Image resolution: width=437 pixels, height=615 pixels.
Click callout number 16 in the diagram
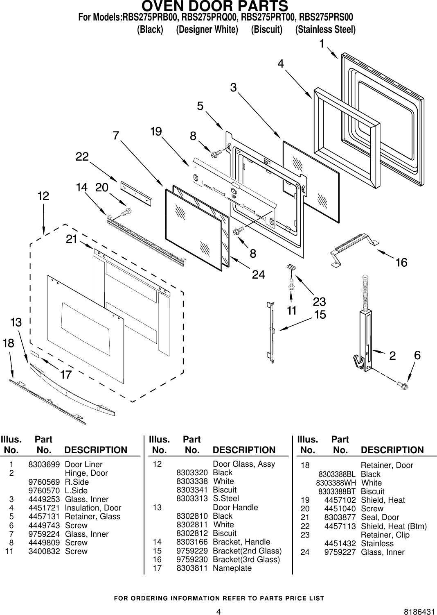[x=401, y=263]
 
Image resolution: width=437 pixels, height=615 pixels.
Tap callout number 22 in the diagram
[x=82, y=157]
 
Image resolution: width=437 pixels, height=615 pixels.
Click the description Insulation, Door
[x=93, y=508]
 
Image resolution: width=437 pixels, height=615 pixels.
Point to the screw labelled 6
[x=402, y=385]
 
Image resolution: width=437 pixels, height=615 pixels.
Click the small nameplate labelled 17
[x=35, y=353]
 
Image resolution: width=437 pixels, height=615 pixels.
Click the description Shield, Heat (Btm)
[x=394, y=526]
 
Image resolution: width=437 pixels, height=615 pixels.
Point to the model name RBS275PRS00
[x=326, y=18]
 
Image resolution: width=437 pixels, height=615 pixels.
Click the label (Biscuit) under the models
[x=266, y=30]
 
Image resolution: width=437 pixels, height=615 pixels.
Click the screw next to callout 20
[x=126, y=212]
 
